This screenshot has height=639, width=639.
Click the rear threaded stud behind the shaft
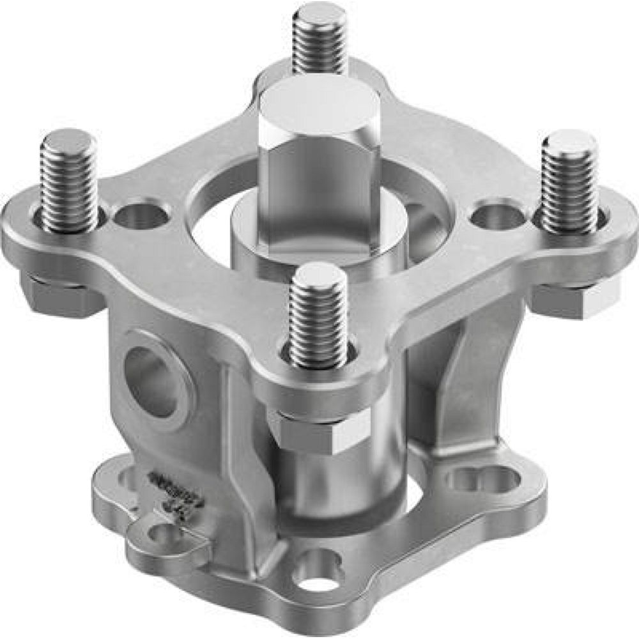point(320,42)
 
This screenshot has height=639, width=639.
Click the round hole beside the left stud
point(141,216)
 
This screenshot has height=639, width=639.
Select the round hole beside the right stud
point(498,216)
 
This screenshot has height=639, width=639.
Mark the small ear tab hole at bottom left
point(160,534)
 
